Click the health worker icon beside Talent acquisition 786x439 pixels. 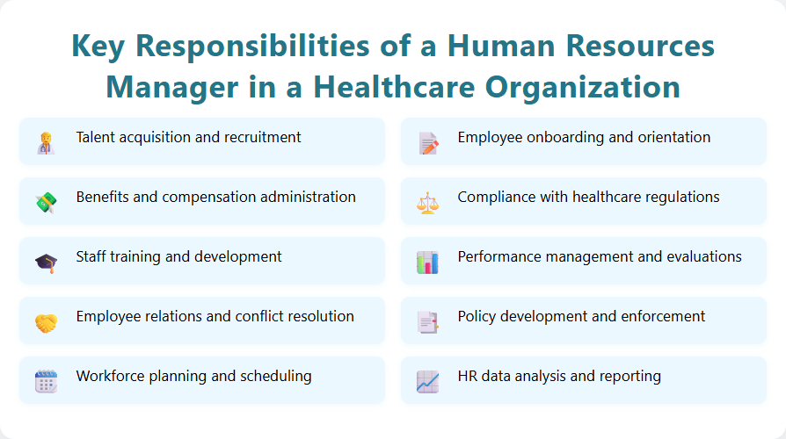pyautogui.click(x=46, y=142)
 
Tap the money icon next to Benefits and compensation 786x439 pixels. pyautogui.click(x=46, y=202)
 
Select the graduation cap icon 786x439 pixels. pyautogui.click(x=46, y=262)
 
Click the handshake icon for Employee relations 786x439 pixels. pyautogui.click(x=46, y=321)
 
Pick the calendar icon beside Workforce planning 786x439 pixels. pyautogui.click(x=46, y=381)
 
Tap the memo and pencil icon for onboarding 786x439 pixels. pyautogui.click(x=427, y=142)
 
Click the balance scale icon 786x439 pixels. pyautogui.click(x=427, y=202)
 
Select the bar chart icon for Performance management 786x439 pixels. pyautogui.click(x=427, y=262)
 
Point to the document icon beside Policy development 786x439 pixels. pyautogui.click(x=427, y=321)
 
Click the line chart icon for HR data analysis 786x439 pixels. pyautogui.click(x=427, y=381)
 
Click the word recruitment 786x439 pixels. pyautogui.click(x=260, y=138)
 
